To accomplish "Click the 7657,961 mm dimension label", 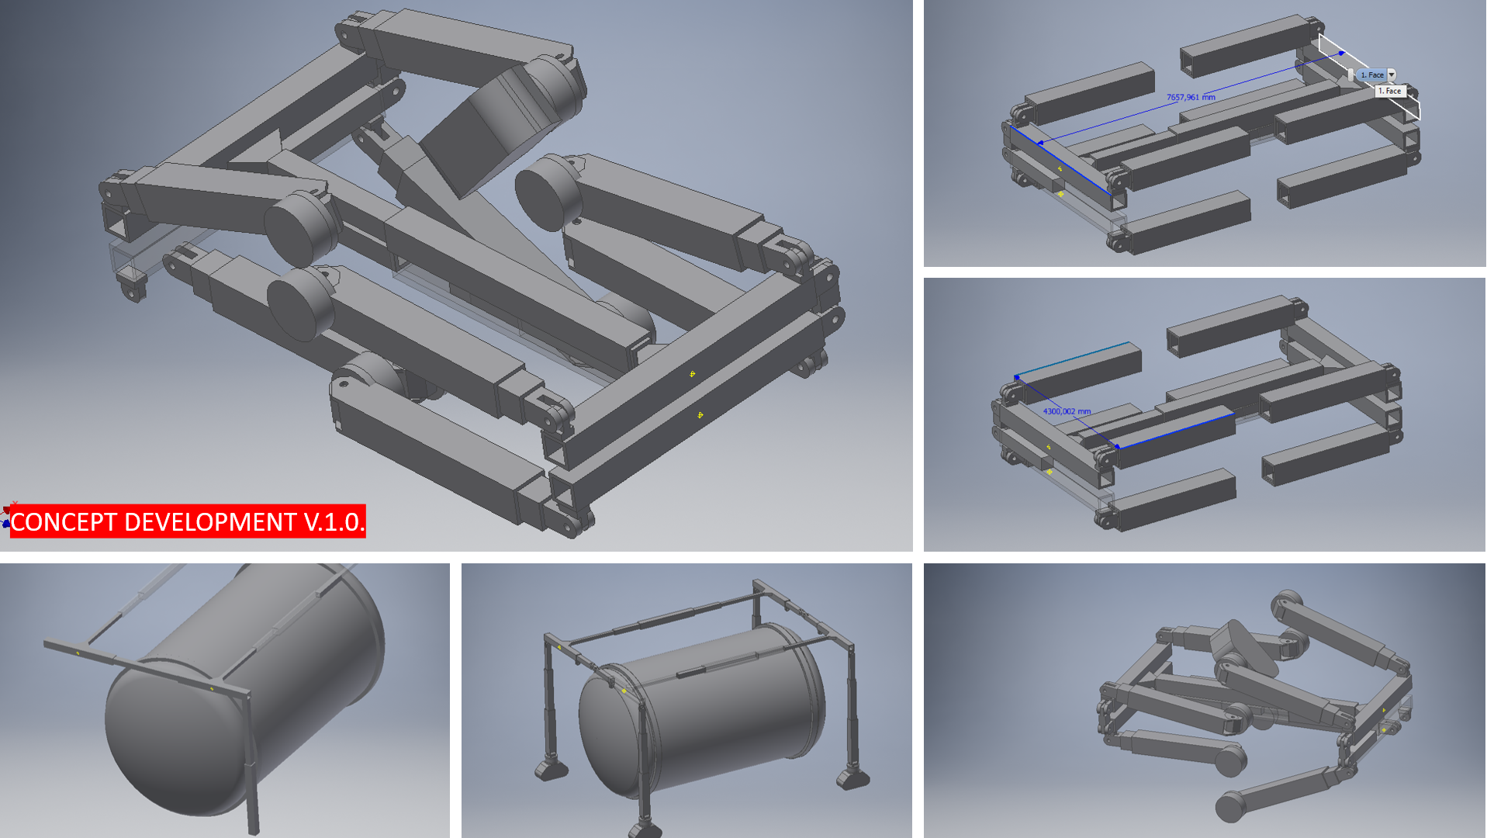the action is click(x=1191, y=97).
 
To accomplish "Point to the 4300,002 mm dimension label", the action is click(x=1067, y=411).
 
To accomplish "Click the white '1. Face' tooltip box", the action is click(x=1390, y=91).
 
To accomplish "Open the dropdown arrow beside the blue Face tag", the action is click(x=1392, y=74).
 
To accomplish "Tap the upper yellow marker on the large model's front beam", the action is click(x=693, y=374).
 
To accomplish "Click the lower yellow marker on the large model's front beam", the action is click(x=700, y=415).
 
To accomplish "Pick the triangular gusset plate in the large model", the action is click(x=256, y=151).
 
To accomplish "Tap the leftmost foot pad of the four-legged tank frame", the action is click(x=552, y=769).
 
